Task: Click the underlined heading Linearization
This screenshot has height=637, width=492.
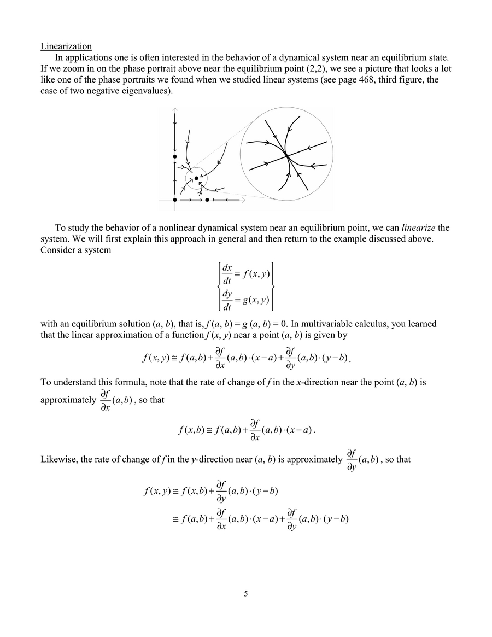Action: (x=66, y=46)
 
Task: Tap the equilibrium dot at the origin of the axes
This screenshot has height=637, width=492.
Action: (x=175, y=200)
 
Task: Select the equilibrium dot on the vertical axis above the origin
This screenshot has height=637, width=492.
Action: (x=175, y=157)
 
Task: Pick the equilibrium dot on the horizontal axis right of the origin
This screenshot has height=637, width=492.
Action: (x=207, y=200)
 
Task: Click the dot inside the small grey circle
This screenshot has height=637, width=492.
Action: (x=196, y=178)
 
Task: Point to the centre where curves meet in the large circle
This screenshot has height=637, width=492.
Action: (x=286, y=157)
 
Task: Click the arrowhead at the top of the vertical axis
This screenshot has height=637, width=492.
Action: (x=175, y=109)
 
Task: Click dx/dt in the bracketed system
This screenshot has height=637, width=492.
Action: (x=227, y=274)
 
